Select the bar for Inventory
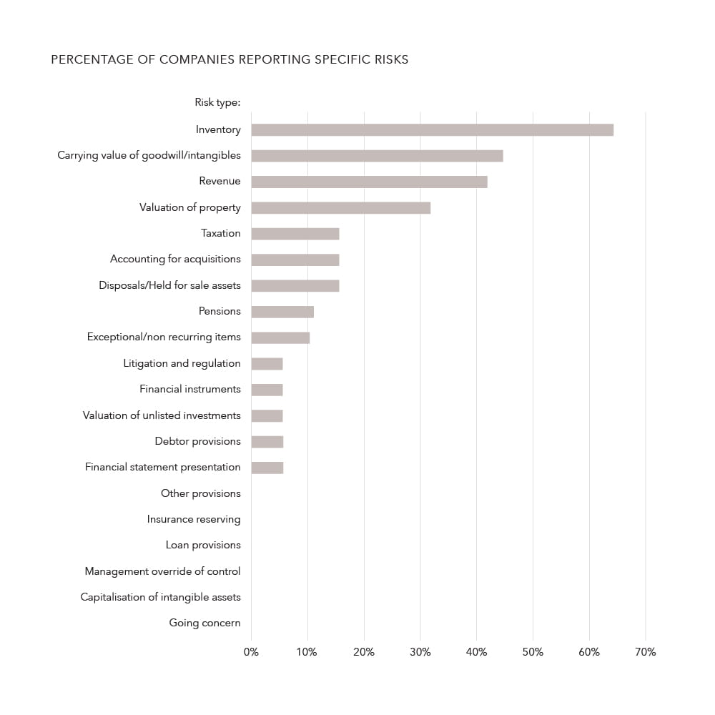pyautogui.click(x=432, y=130)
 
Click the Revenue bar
pyautogui.click(x=369, y=182)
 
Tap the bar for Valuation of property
pyautogui.click(x=340, y=207)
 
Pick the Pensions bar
pyautogui.click(x=282, y=312)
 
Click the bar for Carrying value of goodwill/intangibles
pyautogui.click(x=377, y=156)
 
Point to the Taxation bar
pyautogui.click(x=295, y=234)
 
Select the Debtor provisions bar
pyautogui.click(x=267, y=442)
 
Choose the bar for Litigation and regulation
pyautogui.click(x=267, y=364)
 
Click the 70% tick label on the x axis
pyautogui.click(x=645, y=652)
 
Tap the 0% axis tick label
pyautogui.click(x=251, y=652)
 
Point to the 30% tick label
pyautogui.click(x=420, y=652)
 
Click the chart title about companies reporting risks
pyautogui.click(x=230, y=60)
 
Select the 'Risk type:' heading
pyautogui.click(x=217, y=102)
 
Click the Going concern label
pyautogui.click(x=204, y=623)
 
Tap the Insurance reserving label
pyautogui.click(x=194, y=519)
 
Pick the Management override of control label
pyautogui.click(x=162, y=571)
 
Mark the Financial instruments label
pyautogui.click(x=190, y=389)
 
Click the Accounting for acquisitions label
pyautogui.click(x=175, y=259)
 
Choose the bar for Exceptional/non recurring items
pyautogui.click(x=280, y=337)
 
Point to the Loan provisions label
pyautogui.click(x=203, y=545)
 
